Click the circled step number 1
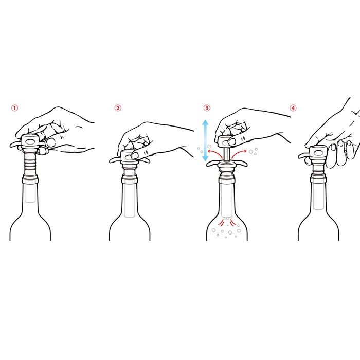[15, 108]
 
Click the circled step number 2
[118, 108]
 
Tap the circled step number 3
[207, 108]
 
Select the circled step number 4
[293, 108]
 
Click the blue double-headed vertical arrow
[205, 140]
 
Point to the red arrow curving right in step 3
[239, 153]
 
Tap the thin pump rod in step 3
[226, 155]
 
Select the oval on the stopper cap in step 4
[318, 153]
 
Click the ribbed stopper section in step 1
[30, 163]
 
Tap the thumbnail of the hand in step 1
[50, 142]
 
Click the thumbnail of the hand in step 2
[135, 156]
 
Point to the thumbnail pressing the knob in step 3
[232, 141]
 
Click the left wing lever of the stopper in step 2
[115, 160]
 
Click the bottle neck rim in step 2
[130, 179]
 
